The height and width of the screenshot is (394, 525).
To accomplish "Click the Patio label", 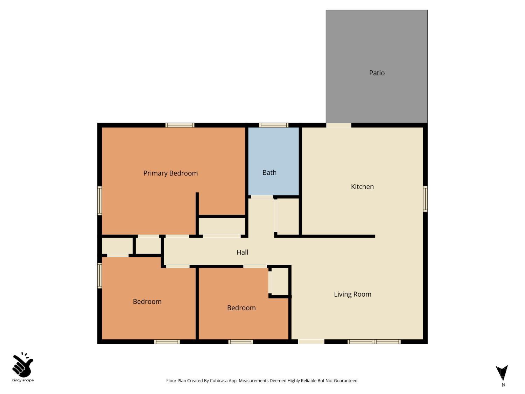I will click(x=377, y=73).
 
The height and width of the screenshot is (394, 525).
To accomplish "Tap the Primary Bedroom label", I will click(x=170, y=173).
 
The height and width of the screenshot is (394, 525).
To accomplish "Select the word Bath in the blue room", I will click(x=269, y=172).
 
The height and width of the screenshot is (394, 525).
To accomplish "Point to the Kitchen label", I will click(x=362, y=187).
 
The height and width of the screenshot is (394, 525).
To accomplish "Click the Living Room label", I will click(x=352, y=294).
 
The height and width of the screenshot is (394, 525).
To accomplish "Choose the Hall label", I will click(x=242, y=252).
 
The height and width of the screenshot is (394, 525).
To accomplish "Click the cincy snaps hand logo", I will click(x=23, y=366).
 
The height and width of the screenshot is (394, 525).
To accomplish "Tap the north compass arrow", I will click(x=502, y=373).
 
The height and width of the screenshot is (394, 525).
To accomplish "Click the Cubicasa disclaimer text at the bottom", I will click(x=262, y=380).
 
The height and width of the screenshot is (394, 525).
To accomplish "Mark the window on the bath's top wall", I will click(x=274, y=125).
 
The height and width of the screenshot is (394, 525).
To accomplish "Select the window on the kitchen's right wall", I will click(x=425, y=199).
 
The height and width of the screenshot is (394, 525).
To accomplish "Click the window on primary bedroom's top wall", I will click(x=180, y=125).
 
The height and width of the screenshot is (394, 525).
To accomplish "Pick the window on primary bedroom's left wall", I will click(x=99, y=201).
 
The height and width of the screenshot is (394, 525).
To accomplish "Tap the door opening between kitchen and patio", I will click(x=338, y=125).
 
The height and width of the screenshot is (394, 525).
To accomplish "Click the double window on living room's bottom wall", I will click(x=374, y=341).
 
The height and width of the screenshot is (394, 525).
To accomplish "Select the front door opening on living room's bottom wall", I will click(x=311, y=341).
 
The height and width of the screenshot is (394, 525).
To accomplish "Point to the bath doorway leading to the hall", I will click(x=261, y=197).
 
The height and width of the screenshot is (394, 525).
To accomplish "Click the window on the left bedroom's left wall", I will click(x=99, y=276).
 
